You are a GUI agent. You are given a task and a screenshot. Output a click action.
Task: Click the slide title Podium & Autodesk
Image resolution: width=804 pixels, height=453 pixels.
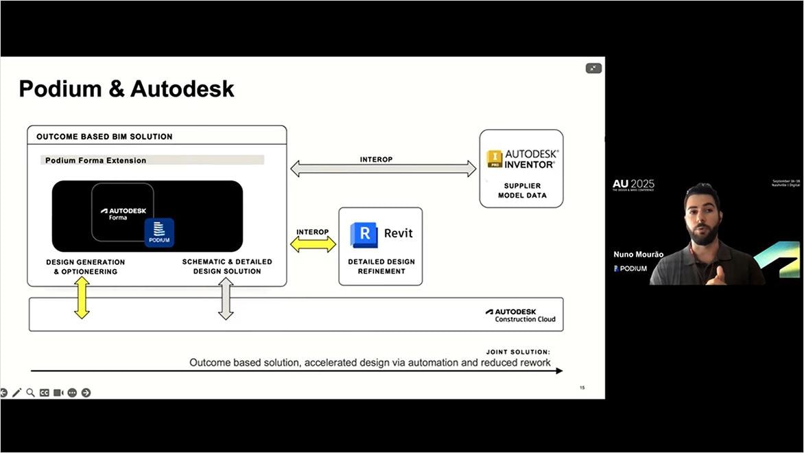[126, 89]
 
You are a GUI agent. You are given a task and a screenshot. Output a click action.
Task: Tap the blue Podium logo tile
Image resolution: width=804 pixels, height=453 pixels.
[159, 232]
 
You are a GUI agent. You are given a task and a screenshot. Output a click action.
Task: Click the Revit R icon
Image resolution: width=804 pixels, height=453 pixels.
[364, 234]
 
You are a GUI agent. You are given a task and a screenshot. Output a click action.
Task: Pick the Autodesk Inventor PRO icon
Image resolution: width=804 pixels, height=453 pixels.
[495, 159]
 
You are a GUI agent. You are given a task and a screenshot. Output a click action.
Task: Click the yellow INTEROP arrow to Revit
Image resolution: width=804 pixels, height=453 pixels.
[313, 244]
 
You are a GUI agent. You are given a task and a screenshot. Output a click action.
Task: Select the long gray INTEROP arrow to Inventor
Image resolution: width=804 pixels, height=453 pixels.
[383, 169]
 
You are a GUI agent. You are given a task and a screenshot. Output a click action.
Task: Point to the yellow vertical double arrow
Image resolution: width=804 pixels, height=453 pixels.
[82, 298]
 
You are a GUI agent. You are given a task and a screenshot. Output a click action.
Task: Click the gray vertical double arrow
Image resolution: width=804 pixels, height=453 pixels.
[226, 299]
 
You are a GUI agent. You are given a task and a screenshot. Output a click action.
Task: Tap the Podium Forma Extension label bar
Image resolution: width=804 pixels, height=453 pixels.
[151, 160]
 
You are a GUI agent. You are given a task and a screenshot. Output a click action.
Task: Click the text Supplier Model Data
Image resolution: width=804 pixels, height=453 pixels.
[521, 190]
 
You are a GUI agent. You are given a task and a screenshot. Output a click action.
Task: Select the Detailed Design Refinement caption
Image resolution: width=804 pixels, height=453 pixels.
[381, 266]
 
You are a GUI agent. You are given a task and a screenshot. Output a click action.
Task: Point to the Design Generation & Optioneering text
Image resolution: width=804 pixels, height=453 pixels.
[86, 266]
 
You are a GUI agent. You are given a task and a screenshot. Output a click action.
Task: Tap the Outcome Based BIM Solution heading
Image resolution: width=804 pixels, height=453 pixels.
[104, 137]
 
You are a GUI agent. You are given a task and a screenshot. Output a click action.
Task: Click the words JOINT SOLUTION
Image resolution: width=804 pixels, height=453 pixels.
[518, 351]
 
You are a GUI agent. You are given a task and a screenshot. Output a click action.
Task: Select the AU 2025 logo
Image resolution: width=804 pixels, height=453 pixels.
[633, 185]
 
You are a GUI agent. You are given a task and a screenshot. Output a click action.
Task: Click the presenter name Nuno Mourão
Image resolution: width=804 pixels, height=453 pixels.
[638, 255]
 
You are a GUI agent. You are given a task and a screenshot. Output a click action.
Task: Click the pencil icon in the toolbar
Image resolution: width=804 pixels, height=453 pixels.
[17, 393]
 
